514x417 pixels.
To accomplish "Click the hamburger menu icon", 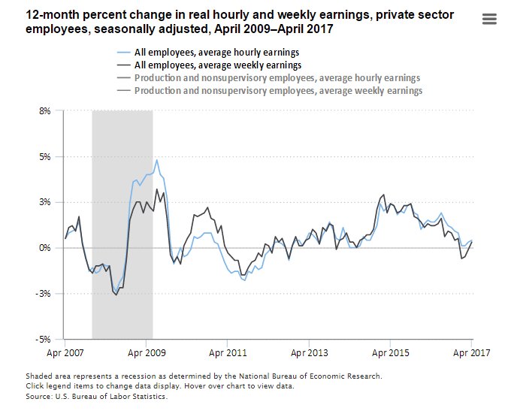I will pyautogui.click(x=489, y=19).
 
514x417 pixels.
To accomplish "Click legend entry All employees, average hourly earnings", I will pyautogui.click(x=216, y=53).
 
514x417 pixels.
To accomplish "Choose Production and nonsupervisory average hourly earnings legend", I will pyautogui.click(x=277, y=78).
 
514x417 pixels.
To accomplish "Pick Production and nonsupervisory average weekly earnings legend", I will pyautogui.click(x=278, y=91).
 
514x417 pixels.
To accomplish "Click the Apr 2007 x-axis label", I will pyautogui.click(x=65, y=352).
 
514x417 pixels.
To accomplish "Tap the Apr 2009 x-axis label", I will pyautogui.click(x=147, y=352).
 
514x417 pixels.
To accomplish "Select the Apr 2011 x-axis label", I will pyautogui.click(x=228, y=352).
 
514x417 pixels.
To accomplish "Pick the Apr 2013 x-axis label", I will pyautogui.click(x=309, y=352).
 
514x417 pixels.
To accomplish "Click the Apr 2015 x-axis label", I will pyautogui.click(x=390, y=352).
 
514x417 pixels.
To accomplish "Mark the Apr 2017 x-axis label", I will pyautogui.click(x=470, y=352).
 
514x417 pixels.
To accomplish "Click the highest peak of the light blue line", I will pyautogui.click(x=156, y=160).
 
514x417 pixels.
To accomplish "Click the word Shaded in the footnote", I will pyautogui.click(x=40, y=376).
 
